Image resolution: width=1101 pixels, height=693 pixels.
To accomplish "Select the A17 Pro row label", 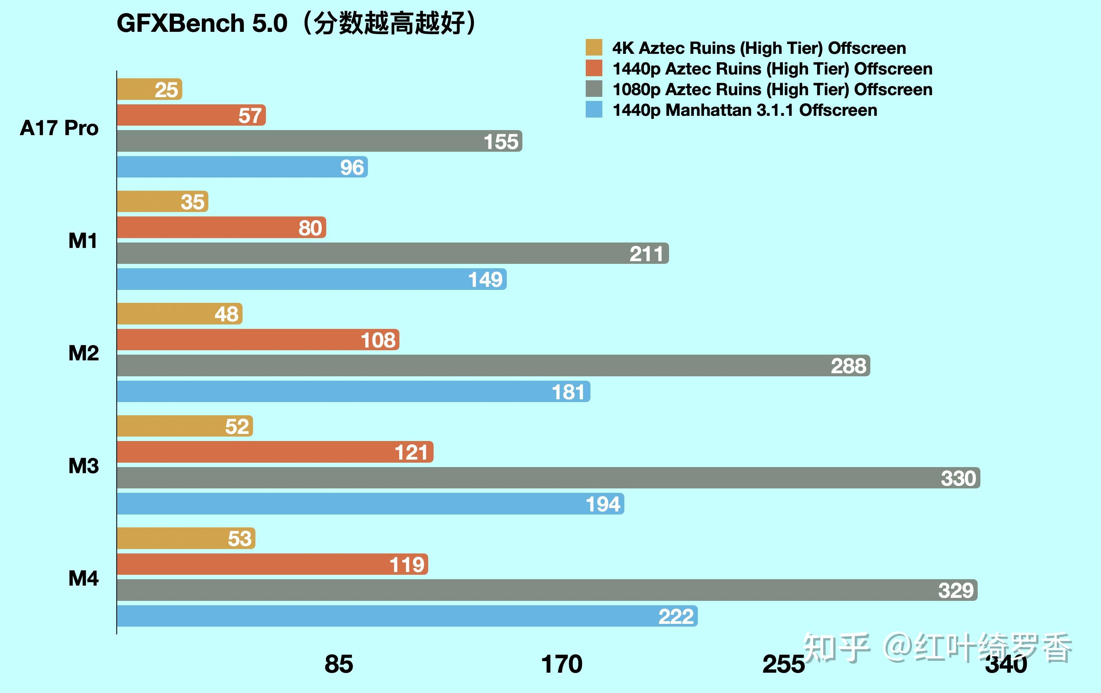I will pyautogui.click(x=59, y=128).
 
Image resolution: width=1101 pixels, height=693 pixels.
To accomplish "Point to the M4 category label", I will pyautogui.click(x=83, y=578).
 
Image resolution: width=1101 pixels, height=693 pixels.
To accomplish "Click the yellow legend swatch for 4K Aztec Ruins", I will pyautogui.click(x=594, y=47).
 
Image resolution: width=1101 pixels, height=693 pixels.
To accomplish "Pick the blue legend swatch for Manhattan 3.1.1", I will pyautogui.click(x=594, y=110).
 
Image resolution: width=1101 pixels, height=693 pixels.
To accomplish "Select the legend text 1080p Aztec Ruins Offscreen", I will pyautogui.click(x=772, y=89).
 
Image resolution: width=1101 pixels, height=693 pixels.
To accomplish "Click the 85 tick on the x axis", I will pyautogui.click(x=339, y=664).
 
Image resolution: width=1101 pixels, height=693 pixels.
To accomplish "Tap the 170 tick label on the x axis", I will pyautogui.click(x=561, y=664).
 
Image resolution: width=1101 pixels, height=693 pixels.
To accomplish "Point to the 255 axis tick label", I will pyautogui.click(x=783, y=664).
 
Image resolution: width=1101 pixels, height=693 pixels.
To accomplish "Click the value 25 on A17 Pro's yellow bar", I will pyautogui.click(x=166, y=90).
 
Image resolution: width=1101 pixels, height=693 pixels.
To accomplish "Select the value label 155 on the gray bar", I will pyautogui.click(x=501, y=141).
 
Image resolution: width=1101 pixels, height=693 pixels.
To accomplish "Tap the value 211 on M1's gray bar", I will pyautogui.click(x=646, y=254).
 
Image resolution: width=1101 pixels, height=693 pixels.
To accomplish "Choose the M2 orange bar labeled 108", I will pyautogui.click(x=258, y=340).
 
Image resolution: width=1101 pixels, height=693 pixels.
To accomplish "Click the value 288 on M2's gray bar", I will pyautogui.click(x=848, y=366).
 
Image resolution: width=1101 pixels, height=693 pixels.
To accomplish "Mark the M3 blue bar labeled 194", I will pyautogui.click(x=370, y=504).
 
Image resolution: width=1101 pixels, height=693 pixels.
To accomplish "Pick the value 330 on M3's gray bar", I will pyautogui.click(x=958, y=478).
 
